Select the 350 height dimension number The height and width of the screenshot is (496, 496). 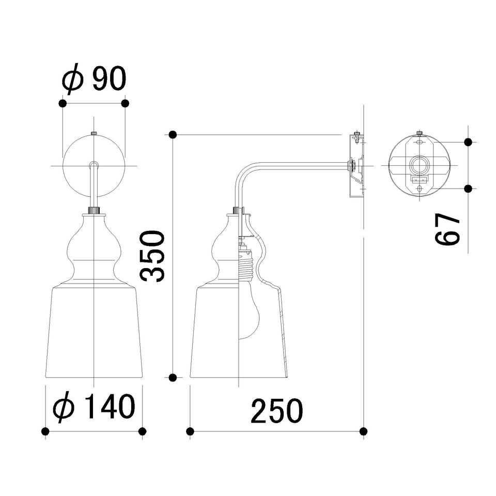(153, 256)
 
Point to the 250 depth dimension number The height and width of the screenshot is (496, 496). (277, 411)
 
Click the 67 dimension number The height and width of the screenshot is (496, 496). (447, 229)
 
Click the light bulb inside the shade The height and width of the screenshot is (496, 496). (249, 310)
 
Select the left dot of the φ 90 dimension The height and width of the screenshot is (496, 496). (63, 103)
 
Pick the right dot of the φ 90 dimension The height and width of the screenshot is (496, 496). (125, 103)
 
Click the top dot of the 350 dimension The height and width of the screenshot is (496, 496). (173, 135)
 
